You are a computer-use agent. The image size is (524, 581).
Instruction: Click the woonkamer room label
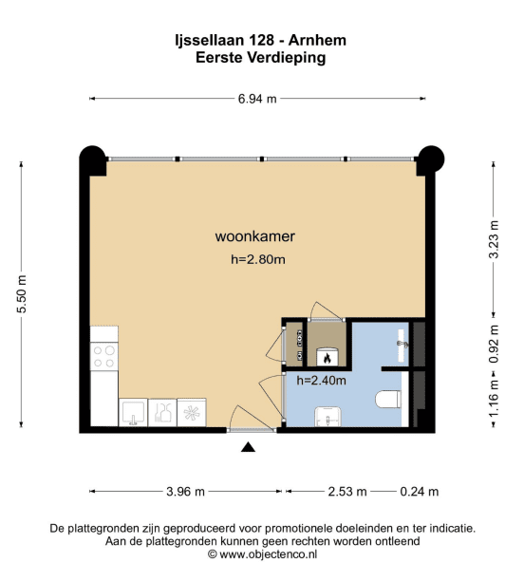[255, 236]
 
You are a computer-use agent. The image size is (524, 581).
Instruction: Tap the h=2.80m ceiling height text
[258, 259]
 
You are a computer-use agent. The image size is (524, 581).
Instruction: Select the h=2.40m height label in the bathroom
[321, 380]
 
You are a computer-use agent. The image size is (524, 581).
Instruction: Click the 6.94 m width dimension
[257, 99]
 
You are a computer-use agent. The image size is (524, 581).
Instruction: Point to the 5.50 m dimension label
[22, 294]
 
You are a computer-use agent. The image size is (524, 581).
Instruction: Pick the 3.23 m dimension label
[494, 239]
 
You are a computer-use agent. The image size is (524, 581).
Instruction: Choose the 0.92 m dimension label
[494, 345]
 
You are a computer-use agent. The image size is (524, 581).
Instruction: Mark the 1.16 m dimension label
[494, 399]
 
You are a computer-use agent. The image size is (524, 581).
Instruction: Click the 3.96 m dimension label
[185, 492]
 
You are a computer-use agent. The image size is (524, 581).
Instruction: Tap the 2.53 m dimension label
[347, 492]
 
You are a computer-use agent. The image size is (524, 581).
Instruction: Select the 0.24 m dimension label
[420, 492]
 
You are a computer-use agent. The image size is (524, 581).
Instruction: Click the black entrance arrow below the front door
[248, 447]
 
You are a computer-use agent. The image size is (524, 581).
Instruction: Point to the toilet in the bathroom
[388, 400]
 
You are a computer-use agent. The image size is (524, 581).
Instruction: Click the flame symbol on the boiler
[327, 358]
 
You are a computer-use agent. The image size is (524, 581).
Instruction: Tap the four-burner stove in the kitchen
[104, 356]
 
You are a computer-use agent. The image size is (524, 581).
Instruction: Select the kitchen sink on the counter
[133, 412]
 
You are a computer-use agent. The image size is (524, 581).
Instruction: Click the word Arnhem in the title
[317, 40]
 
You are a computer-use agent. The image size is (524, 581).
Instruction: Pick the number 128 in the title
[261, 40]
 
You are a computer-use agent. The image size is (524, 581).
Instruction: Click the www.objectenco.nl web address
[268, 554]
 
